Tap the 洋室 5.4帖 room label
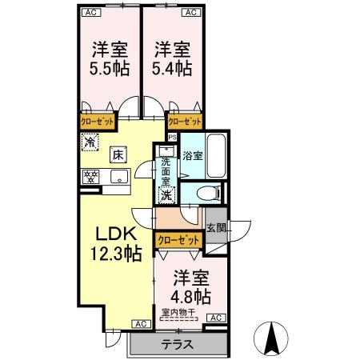172,58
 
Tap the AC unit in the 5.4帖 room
190,12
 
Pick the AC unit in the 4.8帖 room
214,318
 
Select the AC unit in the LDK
139,324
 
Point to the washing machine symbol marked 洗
166,194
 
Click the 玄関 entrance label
214,227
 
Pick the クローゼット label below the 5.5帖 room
97,121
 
